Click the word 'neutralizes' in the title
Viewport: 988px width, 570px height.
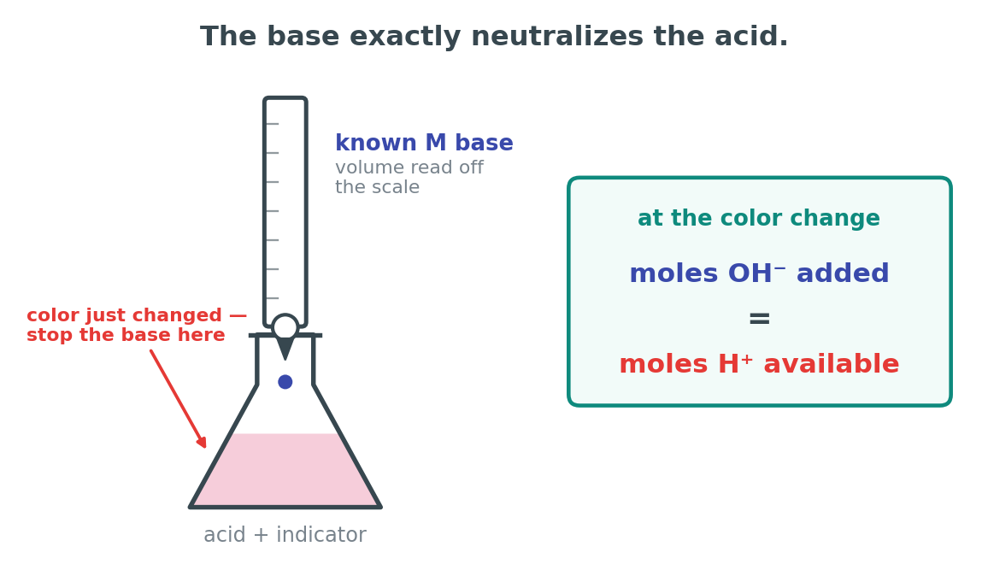point(557,37)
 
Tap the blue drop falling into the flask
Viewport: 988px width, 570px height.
point(285,382)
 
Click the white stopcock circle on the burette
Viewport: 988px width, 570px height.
point(285,327)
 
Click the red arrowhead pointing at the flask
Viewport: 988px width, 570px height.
point(201,441)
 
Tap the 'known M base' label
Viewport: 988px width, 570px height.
point(424,143)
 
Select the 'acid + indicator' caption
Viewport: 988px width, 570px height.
point(285,535)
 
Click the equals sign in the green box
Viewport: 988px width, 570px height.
point(759,319)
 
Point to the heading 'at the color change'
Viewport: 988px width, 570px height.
point(759,219)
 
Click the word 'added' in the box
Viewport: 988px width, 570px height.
point(843,273)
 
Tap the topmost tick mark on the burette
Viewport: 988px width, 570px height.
point(272,124)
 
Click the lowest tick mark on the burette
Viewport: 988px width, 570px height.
point(272,298)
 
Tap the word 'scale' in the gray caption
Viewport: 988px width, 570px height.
point(395,187)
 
